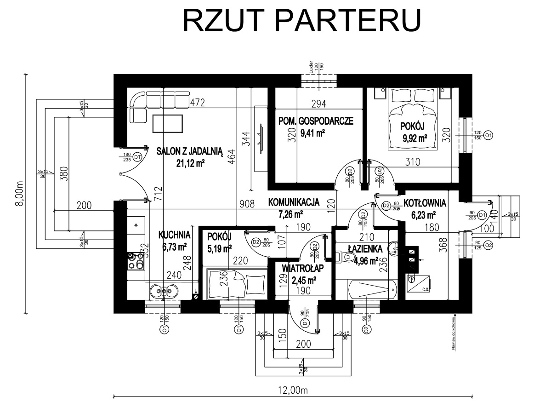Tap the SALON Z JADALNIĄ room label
point(189,151)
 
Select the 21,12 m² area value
point(190,163)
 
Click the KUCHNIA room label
point(171,235)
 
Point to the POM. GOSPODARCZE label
point(316,121)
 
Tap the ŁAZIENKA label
point(365,249)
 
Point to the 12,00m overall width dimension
point(293,390)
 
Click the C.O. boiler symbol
point(418,282)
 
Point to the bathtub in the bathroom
point(372,288)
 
